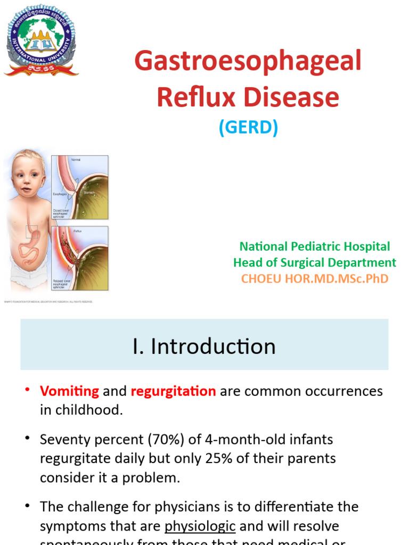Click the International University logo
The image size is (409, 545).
42,40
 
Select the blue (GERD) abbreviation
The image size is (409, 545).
248,128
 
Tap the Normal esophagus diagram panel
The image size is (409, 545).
80,187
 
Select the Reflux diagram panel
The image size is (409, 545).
80,258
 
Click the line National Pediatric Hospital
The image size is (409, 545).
315,246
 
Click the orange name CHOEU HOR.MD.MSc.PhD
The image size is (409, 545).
315,278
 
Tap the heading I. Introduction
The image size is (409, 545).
204,346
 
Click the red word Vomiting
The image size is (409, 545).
69,391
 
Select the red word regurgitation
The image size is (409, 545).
173,391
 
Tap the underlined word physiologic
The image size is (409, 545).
200,526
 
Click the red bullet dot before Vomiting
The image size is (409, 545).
27,390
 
